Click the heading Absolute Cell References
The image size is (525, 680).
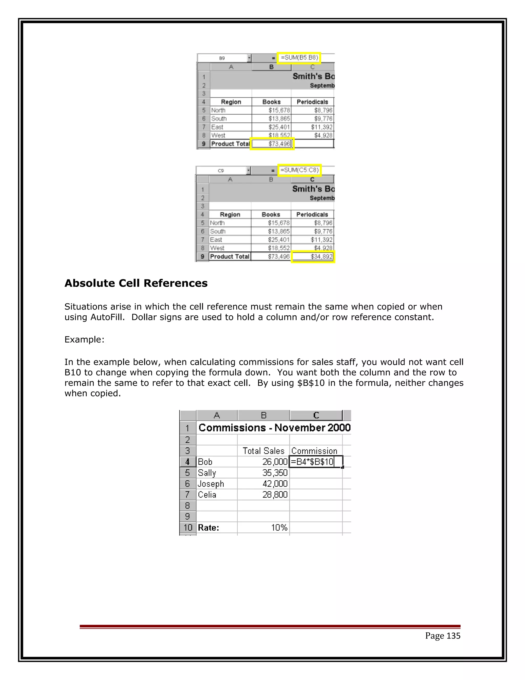point(136,283)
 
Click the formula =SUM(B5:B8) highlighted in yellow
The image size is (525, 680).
point(299,57)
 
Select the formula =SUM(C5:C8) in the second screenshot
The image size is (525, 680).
point(299,170)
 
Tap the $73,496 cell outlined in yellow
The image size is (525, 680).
point(272,143)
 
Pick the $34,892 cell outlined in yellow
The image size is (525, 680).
point(313,257)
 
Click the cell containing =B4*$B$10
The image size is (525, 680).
point(316,462)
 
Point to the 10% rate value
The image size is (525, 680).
point(279,527)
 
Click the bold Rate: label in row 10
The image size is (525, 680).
point(208,527)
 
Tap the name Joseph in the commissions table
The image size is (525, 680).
point(211,483)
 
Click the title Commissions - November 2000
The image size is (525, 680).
point(274,428)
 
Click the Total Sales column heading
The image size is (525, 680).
point(264,451)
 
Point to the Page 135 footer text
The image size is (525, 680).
point(442,635)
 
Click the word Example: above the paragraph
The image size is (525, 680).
point(84,339)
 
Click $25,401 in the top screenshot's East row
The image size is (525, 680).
point(279,127)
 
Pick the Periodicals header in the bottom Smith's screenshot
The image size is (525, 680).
point(312,215)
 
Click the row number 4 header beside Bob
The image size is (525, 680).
point(188,462)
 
